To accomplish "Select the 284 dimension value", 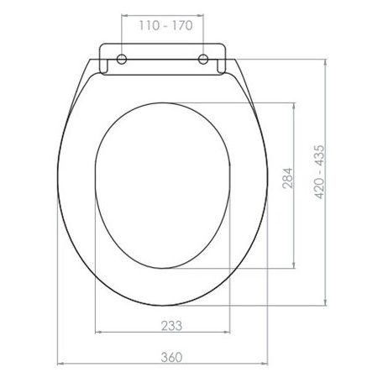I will (x=287, y=186).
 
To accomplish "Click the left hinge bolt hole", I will (x=122, y=59).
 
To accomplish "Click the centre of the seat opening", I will (x=165, y=186).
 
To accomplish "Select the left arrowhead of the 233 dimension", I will (x=98, y=334).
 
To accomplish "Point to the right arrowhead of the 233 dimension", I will (x=232, y=334).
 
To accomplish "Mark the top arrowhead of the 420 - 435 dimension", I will (x=326, y=61).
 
